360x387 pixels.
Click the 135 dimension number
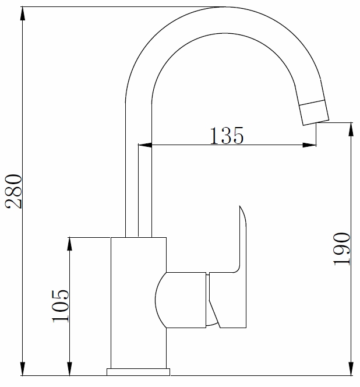226,136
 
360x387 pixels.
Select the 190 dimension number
343,249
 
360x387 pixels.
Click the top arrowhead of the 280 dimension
23,13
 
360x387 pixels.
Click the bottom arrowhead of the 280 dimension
23,370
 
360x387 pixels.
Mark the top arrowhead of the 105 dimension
70,244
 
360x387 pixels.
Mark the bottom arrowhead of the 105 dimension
70,370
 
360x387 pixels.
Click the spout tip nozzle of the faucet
313,112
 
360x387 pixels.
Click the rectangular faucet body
138,303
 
